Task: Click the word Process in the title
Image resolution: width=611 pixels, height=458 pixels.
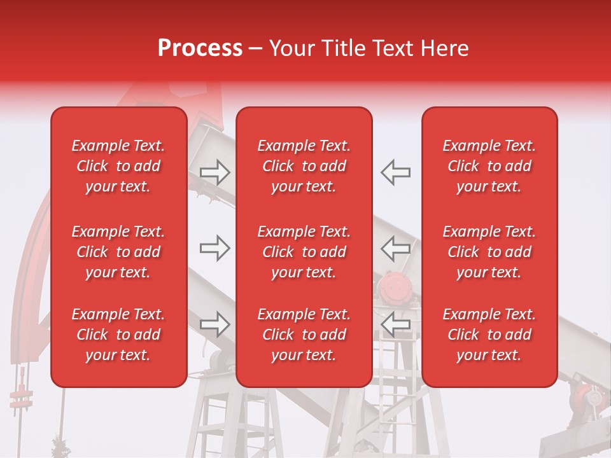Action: click(200, 48)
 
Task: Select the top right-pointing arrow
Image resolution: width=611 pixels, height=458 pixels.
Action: click(214, 172)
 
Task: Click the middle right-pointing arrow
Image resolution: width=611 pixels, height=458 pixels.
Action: click(214, 248)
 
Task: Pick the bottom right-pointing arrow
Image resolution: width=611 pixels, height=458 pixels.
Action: click(214, 324)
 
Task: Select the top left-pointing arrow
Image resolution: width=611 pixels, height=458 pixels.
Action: click(396, 172)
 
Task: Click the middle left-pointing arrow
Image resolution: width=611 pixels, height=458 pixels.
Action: click(396, 248)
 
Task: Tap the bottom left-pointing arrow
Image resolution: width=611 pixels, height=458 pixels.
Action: click(396, 324)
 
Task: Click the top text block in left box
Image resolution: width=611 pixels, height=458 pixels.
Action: click(118, 166)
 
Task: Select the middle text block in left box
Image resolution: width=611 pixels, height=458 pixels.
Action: click(118, 252)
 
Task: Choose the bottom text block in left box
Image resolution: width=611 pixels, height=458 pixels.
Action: click(118, 335)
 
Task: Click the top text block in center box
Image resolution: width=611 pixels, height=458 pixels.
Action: click(304, 166)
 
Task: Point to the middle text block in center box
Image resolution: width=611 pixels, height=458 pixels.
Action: click(304, 252)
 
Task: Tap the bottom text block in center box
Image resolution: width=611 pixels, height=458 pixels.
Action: click(304, 335)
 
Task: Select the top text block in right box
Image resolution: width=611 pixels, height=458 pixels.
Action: click(489, 166)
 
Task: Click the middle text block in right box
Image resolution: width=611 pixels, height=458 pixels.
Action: click(489, 252)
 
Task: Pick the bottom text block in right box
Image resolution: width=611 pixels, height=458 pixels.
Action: click(489, 335)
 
